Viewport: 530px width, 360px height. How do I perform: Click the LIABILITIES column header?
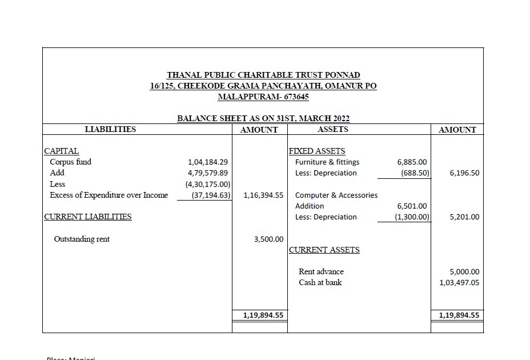(110, 129)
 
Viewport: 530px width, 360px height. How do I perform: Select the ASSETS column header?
(333, 129)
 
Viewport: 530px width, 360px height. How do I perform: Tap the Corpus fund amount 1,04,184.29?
(208, 162)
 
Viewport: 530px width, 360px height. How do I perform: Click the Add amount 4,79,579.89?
(208, 173)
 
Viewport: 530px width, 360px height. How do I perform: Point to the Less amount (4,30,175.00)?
(207, 184)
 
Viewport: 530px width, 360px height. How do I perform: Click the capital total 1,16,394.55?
(263, 195)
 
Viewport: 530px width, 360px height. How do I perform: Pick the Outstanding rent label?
(82, 239)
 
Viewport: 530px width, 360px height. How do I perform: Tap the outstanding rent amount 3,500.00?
(268, 239)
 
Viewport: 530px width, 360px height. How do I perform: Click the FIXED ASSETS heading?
(317, 151)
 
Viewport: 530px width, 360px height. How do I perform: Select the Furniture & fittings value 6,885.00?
(412, 162)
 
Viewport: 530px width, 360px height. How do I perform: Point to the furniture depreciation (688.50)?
(415, 173)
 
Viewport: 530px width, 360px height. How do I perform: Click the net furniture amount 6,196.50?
(464, 173)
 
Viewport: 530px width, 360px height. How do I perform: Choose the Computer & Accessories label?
(336, 195)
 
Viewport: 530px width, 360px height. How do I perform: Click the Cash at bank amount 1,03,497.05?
(459, 282)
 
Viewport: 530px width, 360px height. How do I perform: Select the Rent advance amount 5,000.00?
(464, 271)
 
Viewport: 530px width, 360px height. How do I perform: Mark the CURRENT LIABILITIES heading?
(88, 217)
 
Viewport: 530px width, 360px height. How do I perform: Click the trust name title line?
(263, 75)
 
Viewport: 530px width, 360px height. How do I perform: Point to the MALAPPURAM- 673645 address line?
(263, 97)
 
